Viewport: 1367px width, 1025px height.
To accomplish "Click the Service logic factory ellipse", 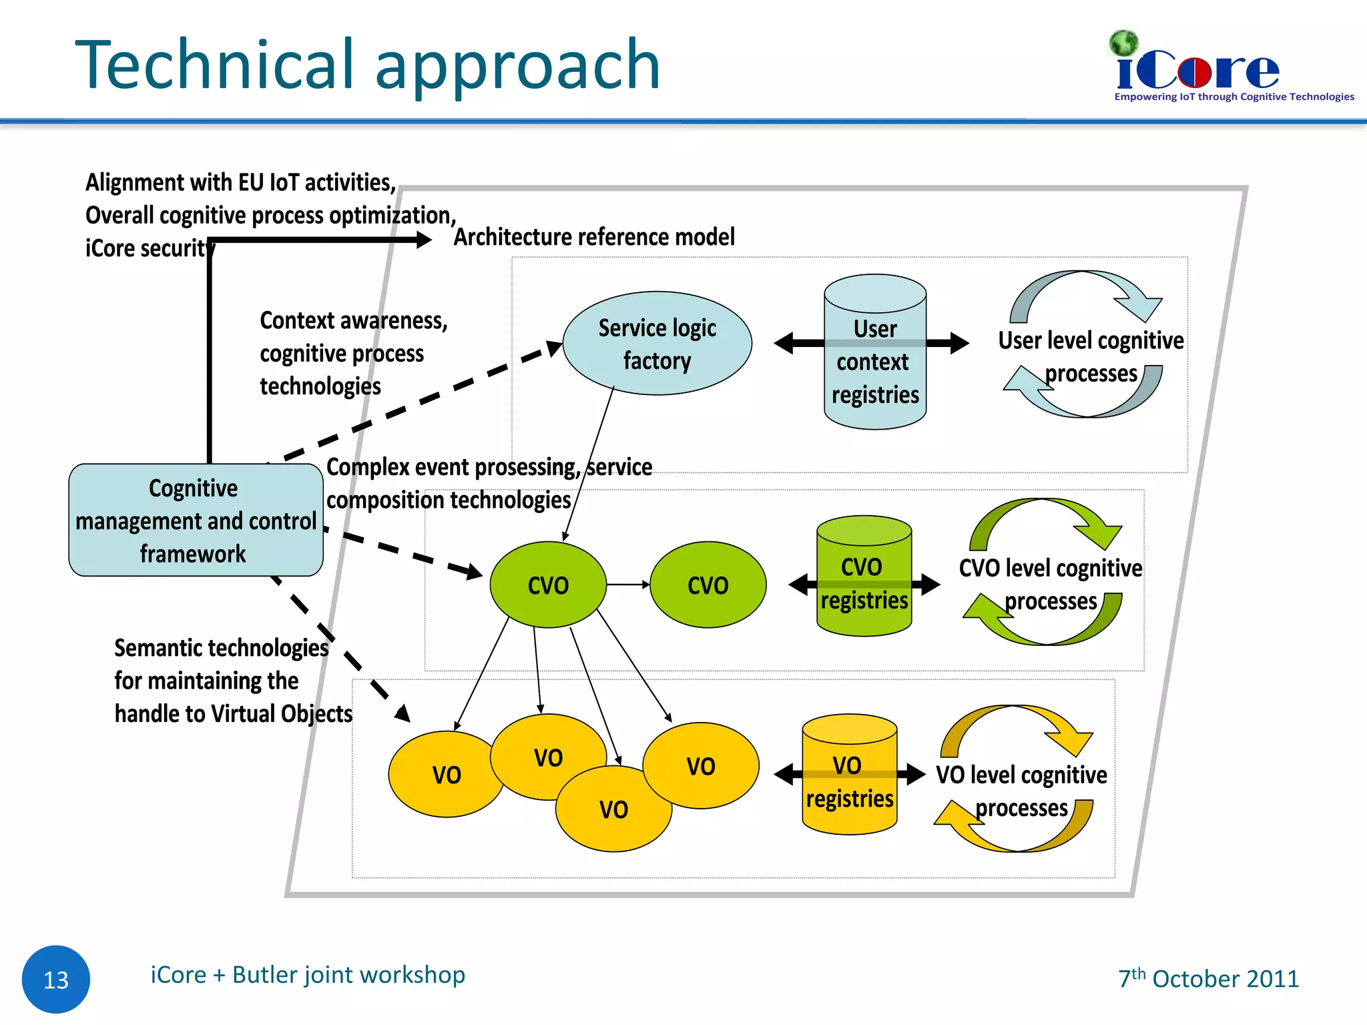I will [x=657, y=343].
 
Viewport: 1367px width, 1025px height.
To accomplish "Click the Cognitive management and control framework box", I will [x=196, y=520].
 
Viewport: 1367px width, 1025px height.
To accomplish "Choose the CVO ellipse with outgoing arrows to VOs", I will [x=547, y=585].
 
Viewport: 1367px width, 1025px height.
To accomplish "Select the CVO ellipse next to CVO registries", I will [x=708, y=585].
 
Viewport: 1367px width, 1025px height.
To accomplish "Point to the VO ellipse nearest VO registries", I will [x=701, y=765].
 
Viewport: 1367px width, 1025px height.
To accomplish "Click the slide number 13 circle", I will [x=56, y=979].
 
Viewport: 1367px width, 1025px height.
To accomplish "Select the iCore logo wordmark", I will [x=1198, y=71].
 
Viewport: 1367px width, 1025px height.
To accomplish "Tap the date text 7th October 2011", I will [x=1209, y=978].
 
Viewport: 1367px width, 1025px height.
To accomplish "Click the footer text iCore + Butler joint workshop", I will [x=308, y=975].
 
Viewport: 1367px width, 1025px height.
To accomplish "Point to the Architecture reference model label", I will [x=594, y=237].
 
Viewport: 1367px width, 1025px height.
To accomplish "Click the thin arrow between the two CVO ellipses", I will [x=627, y=585].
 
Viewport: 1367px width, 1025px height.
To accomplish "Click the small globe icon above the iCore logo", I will [x=1123, y=43].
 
